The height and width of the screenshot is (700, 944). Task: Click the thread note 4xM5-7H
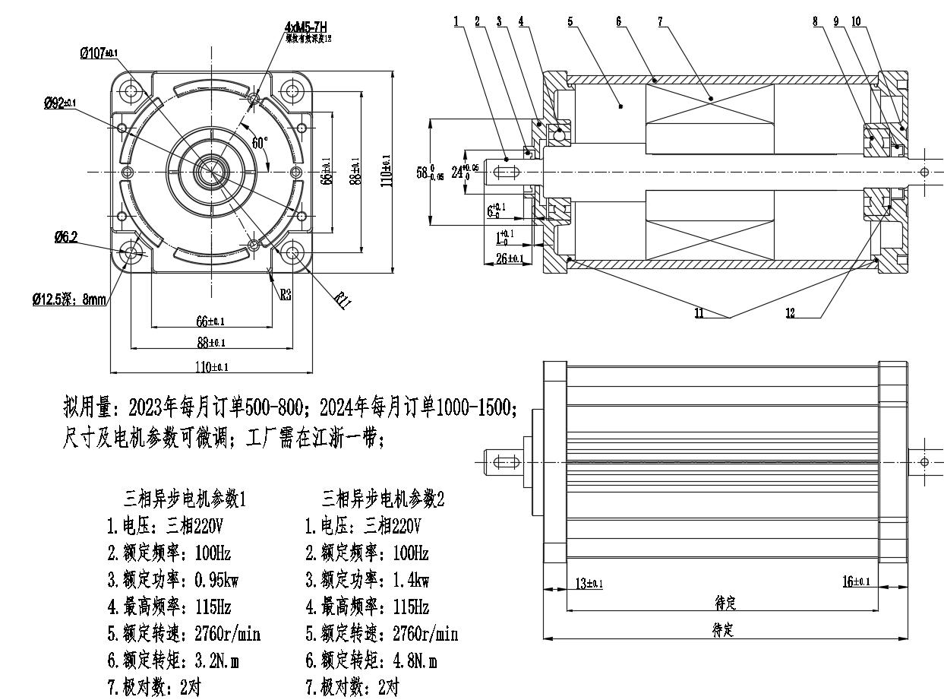tap(307, 28)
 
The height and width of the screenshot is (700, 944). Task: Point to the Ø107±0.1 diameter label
tap(99, 53)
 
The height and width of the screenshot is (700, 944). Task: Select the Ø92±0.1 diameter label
tap(60, 103)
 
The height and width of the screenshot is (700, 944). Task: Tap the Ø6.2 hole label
tap(65, 237)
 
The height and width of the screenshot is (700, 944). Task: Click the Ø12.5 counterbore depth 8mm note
tap(69, 300)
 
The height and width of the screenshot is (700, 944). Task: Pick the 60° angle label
tap(260, 143)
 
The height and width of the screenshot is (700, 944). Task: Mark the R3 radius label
tap(286, 295)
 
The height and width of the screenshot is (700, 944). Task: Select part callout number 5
tap(570, 21)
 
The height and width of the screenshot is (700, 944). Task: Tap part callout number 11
tap(699, 313)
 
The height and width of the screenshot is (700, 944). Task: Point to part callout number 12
tap(791, 313)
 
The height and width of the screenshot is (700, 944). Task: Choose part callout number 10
tap(856, 21)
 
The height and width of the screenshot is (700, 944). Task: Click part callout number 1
tap(456, 21)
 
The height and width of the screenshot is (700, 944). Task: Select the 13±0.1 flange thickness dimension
tap(586, 583)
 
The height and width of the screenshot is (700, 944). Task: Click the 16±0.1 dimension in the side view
tap(856, 581)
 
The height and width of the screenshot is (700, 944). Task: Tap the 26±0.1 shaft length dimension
tap(510, 259)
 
